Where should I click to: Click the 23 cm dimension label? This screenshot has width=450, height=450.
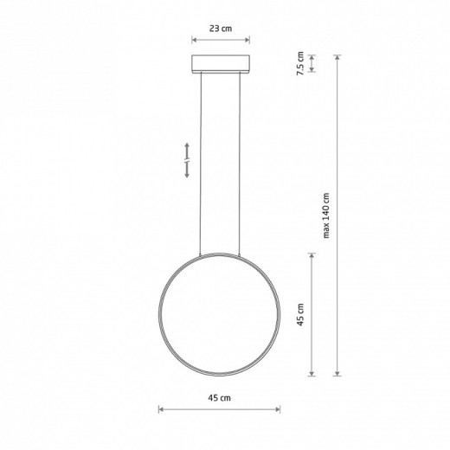(221, 29)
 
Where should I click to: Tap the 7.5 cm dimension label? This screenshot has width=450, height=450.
(300, 63)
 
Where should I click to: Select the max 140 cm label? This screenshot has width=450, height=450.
(326, 215)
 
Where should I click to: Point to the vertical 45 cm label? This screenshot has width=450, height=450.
(300, 314)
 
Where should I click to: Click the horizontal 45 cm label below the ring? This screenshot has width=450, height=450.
(219, 398)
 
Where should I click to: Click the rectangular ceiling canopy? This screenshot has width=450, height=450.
(221, 64)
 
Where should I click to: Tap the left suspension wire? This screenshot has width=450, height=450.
(201, 164)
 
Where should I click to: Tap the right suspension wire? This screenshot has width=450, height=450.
(240, 164)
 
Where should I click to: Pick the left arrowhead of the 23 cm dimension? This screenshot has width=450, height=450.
(194, 40)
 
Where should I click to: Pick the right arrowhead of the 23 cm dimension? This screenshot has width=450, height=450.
(247, 40)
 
